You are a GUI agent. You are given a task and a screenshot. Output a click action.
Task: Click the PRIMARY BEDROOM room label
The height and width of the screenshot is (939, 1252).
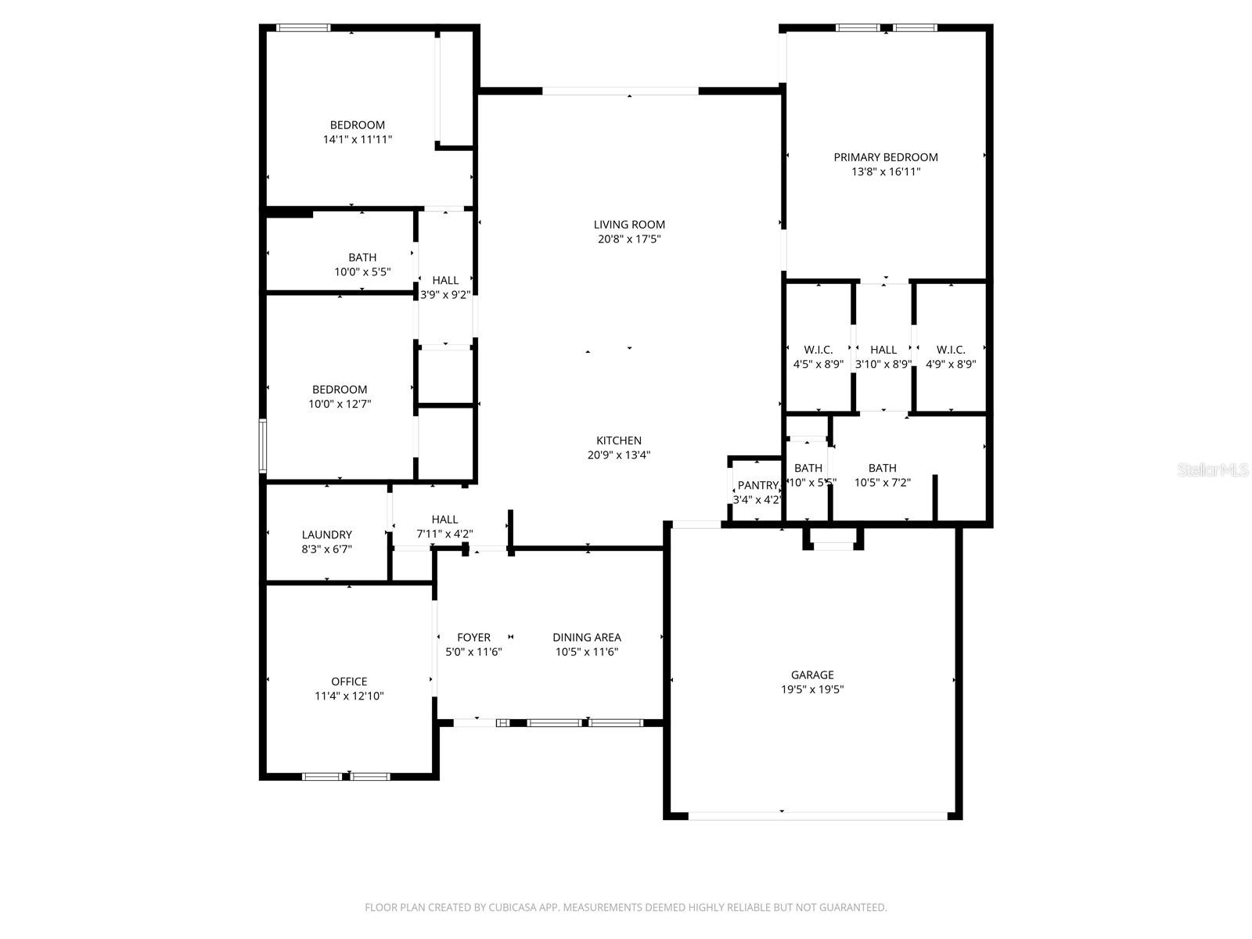pos(885,157)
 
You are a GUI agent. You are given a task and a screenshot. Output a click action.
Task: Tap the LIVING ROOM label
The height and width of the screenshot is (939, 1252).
pos(629,225)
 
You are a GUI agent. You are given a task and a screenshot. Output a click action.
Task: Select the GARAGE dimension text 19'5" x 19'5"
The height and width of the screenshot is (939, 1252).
pos(812,689)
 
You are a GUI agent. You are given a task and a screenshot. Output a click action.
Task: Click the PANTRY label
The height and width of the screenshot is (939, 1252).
pos(757,485)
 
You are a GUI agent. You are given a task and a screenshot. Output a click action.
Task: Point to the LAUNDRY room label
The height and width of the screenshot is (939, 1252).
pos(326,534)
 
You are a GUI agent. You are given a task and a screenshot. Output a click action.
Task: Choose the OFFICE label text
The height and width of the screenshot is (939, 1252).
pos(349,682)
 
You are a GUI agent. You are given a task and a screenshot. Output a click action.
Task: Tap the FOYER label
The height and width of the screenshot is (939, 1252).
pos(473,638)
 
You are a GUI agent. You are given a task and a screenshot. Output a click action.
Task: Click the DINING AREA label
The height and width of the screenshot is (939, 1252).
pos(586,638)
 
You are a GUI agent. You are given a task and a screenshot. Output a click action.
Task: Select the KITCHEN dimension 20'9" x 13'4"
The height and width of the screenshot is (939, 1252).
pos(619,455)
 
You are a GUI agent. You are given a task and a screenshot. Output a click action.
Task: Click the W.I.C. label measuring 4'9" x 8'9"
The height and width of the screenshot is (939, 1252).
pos(951,350)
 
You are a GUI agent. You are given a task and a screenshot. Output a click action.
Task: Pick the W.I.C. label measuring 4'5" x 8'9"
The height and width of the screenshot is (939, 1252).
pos(818,350)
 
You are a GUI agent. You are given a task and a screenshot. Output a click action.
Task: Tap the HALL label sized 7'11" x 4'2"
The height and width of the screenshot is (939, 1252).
pos(444,520)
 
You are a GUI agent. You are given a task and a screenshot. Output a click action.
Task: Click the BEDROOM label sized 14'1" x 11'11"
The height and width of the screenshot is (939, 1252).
pos(357,125)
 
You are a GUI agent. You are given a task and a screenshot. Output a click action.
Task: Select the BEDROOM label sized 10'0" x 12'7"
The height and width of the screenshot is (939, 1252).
pos(340,390)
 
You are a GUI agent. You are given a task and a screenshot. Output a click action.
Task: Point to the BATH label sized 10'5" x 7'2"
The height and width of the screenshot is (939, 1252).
pos(882,468)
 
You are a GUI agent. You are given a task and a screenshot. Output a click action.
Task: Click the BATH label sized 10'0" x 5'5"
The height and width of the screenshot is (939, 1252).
pos(362,257)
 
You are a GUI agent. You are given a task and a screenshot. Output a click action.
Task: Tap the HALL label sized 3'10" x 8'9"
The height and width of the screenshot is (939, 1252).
pos(883,350)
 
